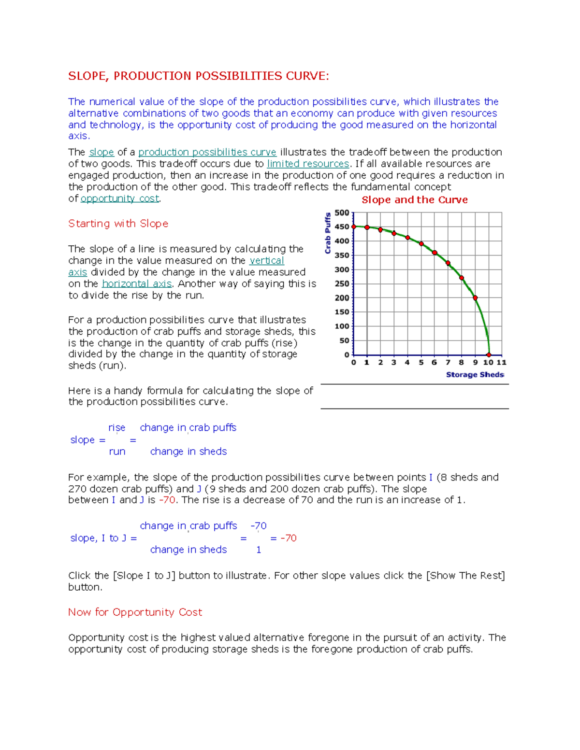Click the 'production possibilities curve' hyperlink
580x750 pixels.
tap(207, 153)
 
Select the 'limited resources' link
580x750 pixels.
tap(308, 164)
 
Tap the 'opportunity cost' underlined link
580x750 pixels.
tap(120, 199)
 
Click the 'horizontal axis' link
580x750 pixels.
tap(137, 284)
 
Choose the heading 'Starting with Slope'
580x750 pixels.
tap(118, 224)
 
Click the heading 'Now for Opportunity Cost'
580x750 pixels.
tap(135, 612)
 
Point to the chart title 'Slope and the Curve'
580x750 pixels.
tap(414, 200)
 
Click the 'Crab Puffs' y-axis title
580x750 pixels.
tap(328, 233)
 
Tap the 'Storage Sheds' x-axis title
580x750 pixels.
tap(475, 375)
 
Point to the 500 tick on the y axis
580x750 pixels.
tap(342, 213)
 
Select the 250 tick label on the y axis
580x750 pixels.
tap(342, 284)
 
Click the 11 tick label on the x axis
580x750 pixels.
tap(502, 362)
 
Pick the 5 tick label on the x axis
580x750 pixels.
tap(421, 362)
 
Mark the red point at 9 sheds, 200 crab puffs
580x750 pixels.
tap(475, 298)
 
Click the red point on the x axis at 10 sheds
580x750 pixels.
tap(489, 355)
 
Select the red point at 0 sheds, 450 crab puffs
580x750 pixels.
tap(354, 226)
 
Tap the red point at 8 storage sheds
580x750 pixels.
tap(462, 278)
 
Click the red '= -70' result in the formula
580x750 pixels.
tap(284, 538)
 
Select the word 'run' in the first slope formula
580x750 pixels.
tap(117, 452)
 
